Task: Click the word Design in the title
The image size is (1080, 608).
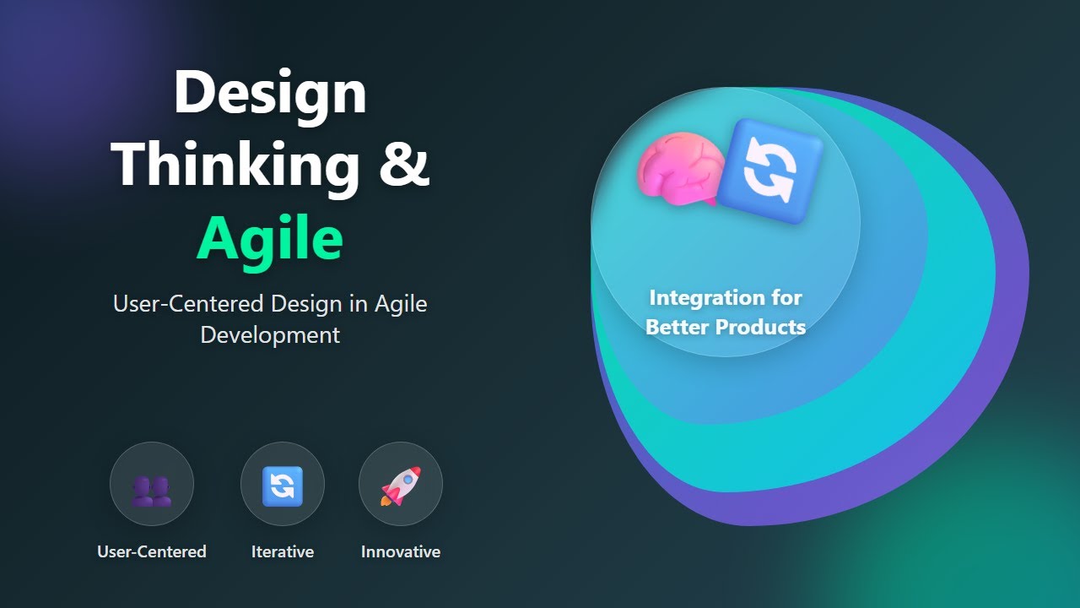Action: coord(270,93)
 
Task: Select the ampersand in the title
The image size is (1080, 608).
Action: coord(403,165)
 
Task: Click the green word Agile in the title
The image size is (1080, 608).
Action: coord(270,240)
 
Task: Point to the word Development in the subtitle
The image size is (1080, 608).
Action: coord(270,334)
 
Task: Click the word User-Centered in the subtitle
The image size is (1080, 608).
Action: coord(190,304)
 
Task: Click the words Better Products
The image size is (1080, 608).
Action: coord(726,327)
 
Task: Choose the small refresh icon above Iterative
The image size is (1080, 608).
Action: coord(283,486)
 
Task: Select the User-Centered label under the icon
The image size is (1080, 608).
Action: coord(152,552)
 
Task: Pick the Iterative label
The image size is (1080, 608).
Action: coord(283,552)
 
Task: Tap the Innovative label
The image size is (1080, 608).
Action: coord(401,552)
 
